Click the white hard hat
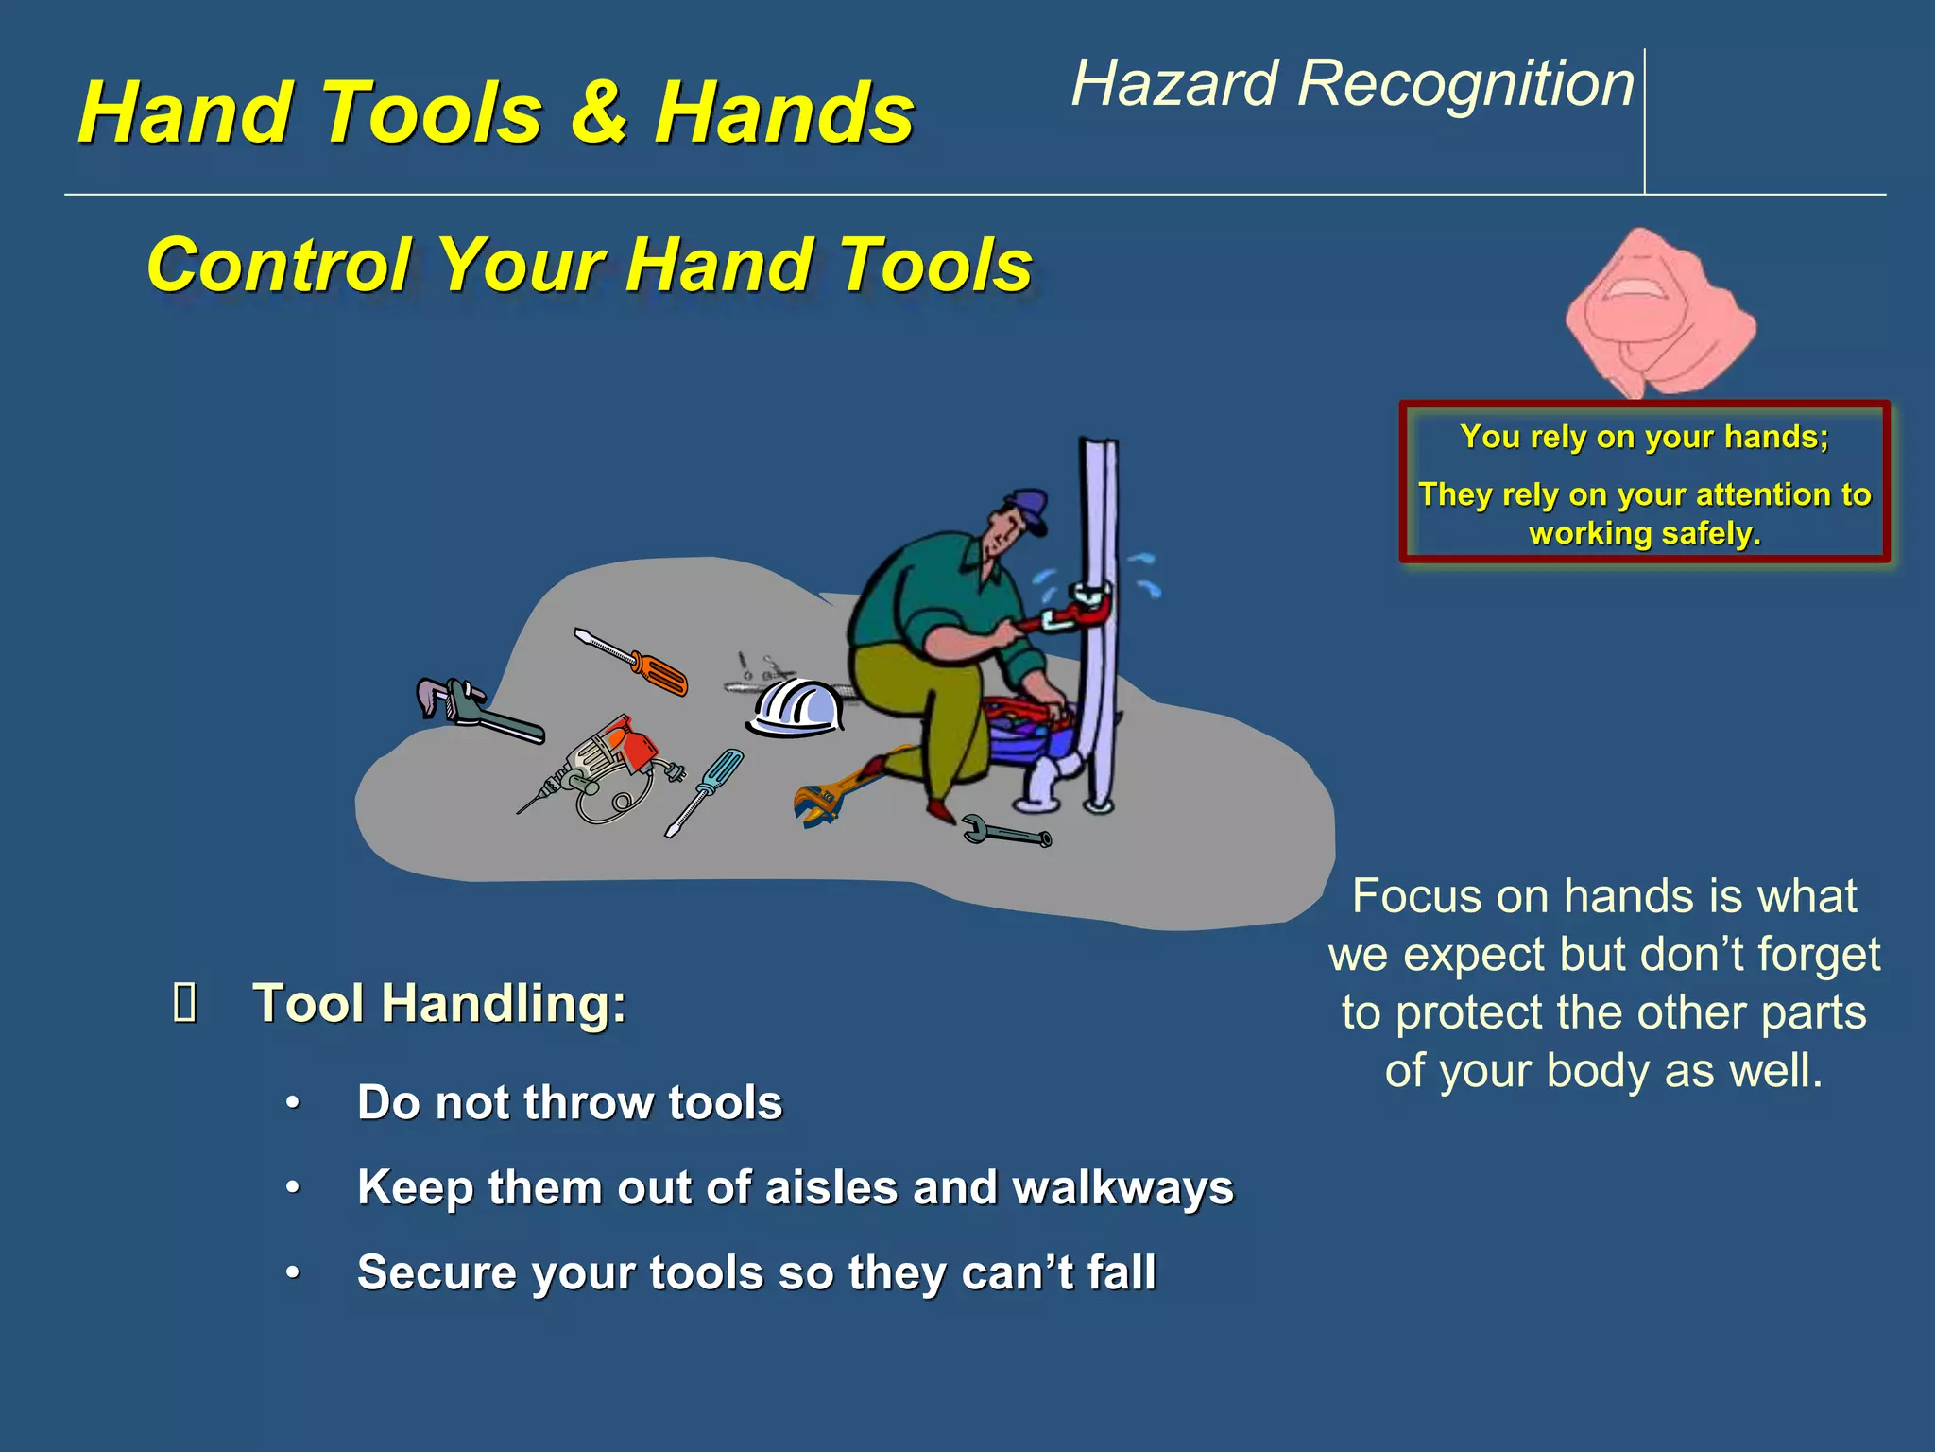click(796, 708)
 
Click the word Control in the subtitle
click(280, 266)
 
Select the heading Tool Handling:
click(439, 1003)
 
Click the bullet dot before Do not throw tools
click(294, 1103)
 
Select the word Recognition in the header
click(1465, 85)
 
